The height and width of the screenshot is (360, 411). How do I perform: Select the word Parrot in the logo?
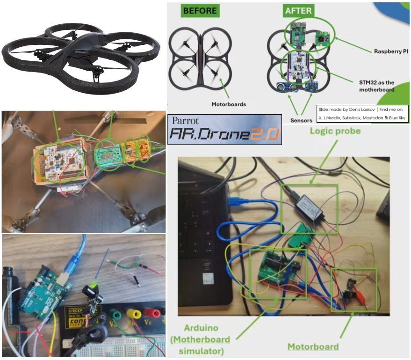186,120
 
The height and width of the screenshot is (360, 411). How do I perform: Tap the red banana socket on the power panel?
151,313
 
